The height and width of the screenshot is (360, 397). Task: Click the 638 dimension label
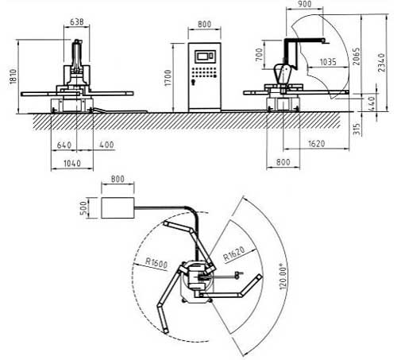tap(77, 21)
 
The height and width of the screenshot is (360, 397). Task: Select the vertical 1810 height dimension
tap(13, 76)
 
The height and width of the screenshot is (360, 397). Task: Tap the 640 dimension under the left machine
tap(64, 145)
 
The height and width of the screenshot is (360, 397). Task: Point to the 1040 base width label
tap(72, 163)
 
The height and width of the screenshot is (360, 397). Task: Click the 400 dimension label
tap(106, 145)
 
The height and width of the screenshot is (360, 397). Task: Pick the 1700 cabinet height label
tap(168, 78)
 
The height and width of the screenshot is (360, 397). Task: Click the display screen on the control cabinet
tap(205, 56)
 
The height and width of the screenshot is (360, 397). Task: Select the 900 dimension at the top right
tap(304, 4)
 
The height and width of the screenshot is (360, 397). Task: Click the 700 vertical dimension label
tap(260, 55)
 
